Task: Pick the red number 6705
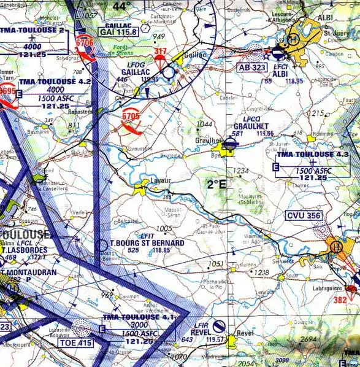pos(131,115)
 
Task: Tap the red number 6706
pos(85,42)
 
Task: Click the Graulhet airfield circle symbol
pos(230,144)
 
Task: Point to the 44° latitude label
pos(122,7)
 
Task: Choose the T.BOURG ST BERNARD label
pos(147,242)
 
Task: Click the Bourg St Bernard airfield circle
pos(102,245)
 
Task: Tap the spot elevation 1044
pos(204,124)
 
